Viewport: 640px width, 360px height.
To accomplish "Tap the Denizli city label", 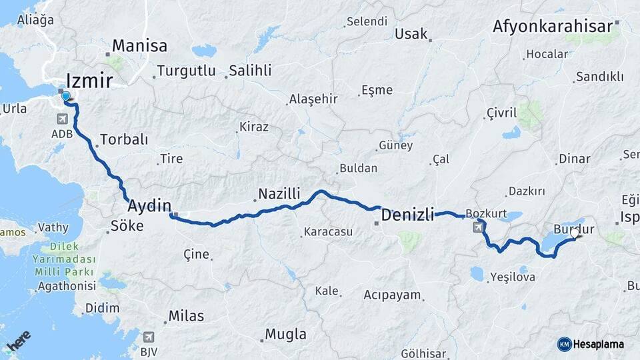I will (407, 215).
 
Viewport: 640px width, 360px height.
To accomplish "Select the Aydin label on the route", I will (149, 205).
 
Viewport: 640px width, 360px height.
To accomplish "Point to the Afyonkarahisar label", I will (552, 27).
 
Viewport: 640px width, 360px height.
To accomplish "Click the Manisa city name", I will (139, 46).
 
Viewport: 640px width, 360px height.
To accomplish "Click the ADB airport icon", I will (63, 119).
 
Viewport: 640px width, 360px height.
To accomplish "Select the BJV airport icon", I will (149, 337).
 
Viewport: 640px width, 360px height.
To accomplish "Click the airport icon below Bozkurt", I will (478, 228).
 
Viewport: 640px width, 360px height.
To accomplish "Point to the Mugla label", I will (285, 334).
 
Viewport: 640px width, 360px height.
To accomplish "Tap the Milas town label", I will (186, 316).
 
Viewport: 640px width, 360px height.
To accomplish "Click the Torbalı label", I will (123, 140).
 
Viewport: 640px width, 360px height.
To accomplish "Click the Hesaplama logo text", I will (599, 344).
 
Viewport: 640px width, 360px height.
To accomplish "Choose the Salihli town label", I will (249, 70).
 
